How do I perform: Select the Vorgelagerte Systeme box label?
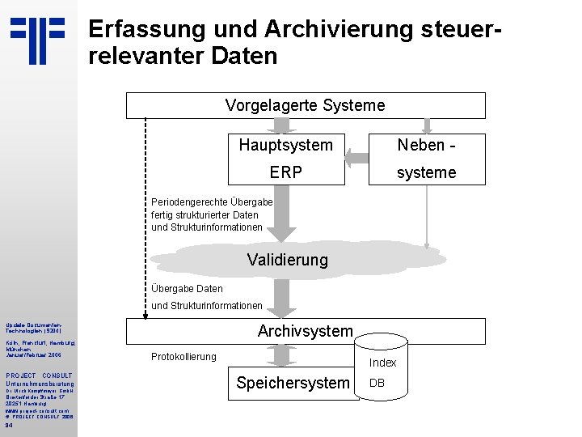point(305,105)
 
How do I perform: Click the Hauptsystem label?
point(285,146)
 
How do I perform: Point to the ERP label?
point(286,172)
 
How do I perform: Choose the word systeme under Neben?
point(426,172)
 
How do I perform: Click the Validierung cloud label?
point(287,260)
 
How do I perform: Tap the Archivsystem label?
point(305,330)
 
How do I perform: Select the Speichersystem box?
point(293,383)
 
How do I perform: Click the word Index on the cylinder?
point(382,363)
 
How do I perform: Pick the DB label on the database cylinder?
point(377,383)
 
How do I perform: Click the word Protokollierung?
point(183,357)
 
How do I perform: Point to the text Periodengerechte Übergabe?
point(212,202)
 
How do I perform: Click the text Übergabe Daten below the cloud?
point(187,288)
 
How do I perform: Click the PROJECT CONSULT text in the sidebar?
point(39,375)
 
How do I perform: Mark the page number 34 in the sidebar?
point(8,426)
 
